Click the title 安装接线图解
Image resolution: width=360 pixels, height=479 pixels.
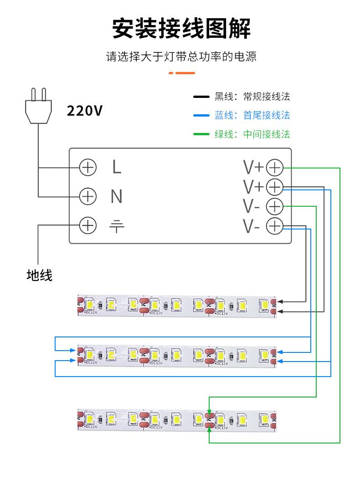[x=181, y=28]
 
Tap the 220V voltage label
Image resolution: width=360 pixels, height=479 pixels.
[x=85, y=111]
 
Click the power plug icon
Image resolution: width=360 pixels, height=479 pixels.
[x=38, y=106]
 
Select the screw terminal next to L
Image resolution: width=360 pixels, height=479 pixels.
[x=88, y=168]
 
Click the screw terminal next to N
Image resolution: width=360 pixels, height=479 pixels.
[x=88, y=196]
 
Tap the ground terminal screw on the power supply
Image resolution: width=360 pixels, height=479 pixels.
[x=88, y=225]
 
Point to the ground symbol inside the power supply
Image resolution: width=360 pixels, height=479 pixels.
[x=117, y=226]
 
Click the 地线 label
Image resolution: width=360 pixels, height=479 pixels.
[x=40, y=275]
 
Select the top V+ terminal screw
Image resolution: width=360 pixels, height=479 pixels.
[x=275, y=168]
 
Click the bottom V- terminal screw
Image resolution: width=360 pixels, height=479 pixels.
[x=275, y=226]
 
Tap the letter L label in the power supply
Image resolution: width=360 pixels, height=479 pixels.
[x=117, y=167]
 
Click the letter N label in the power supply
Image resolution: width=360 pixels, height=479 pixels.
[x=117, y=196]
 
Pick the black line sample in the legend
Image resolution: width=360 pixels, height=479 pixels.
[x=201, y=97]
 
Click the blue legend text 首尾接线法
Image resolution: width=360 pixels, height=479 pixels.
[x=267, y=115]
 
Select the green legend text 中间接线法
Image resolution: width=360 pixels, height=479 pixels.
[x=267, y=134]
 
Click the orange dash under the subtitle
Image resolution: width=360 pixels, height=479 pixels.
[x=182, y=73]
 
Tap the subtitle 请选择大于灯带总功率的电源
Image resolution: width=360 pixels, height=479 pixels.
[x=181, y=56]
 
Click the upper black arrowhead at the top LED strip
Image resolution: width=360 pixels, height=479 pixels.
[x=280, y=302]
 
